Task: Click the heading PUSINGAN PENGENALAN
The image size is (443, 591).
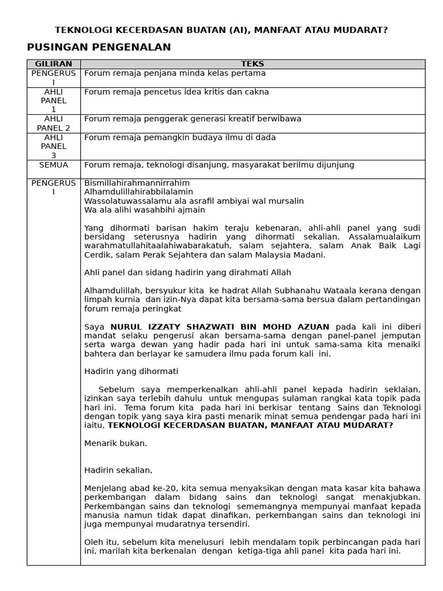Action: tap(99, 47)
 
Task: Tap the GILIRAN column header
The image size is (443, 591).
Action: tap(54, 64)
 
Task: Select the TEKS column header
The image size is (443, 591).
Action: tap(252, 64)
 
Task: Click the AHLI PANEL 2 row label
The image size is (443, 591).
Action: tap(54, 124)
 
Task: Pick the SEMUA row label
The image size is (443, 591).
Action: tap(54, 165)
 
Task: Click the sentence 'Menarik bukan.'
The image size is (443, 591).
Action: tap(115, 443)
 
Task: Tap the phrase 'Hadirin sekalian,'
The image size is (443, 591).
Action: tap(118, 470)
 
